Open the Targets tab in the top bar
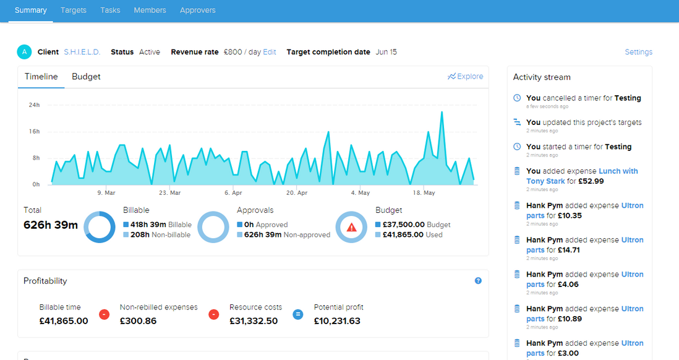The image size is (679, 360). click(x=74, y=10)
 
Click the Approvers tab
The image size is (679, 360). click(x=197, y=10)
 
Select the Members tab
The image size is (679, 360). click(x=150, y=10)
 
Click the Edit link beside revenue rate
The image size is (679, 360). click(x=270, y=52)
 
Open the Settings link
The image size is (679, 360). click(x=638, y=52)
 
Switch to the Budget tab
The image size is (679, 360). click(x=86, y=77)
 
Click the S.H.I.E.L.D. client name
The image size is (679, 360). click(x=82, y=52)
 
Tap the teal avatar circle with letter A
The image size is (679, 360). click(x=24, y=52)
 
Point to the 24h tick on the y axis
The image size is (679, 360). click(x=34, y=105)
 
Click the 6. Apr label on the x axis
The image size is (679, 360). click(x=233, y=193)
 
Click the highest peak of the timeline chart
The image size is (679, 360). click(x=442, y=113)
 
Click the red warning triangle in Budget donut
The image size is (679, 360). click(x=351, y=227)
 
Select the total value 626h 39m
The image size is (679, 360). click(x=51, y=225)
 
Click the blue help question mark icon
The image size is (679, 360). click(x=478, y=281)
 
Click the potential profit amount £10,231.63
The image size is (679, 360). click(x=337, y=321)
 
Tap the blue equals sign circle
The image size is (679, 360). click(x=297, y=314)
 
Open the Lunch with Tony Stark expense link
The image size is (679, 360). click(x=582, y=176)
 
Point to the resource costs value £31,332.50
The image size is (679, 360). click(x=254, y=321)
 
